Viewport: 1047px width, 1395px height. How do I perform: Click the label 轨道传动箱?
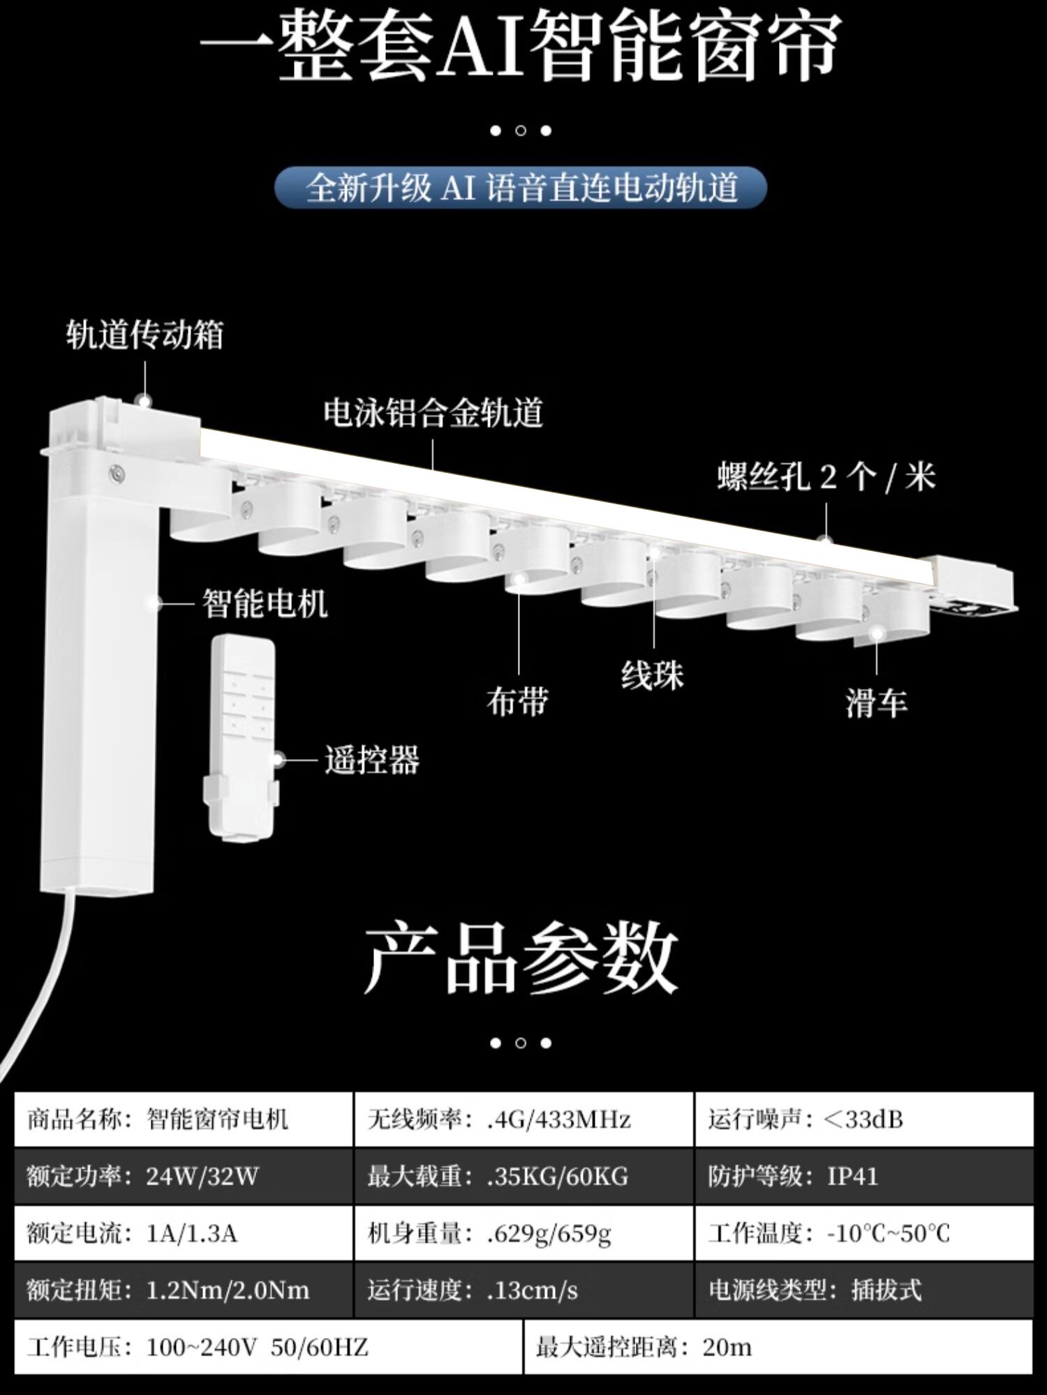coord(144,335)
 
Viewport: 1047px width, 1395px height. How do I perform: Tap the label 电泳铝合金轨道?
coord(433,413)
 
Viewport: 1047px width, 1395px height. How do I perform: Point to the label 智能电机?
coord(265,603)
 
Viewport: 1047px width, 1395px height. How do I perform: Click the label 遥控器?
coord(372,760)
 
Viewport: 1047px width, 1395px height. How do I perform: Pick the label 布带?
coord(517,702)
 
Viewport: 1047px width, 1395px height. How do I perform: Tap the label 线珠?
coord(653,675)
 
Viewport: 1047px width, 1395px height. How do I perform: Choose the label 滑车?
coord(877,703)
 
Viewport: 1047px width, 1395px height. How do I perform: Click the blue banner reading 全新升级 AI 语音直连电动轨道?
coord(521,188)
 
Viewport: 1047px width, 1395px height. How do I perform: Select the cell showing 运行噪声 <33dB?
coord(864,1119)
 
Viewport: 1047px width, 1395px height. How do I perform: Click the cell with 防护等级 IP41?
coord(864,1177)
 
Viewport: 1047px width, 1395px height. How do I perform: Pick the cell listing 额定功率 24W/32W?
coord(184,1177)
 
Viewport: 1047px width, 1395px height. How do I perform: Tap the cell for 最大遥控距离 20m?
coord(778,1347)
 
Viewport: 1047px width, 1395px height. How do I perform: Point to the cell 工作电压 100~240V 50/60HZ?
coord(268,1347)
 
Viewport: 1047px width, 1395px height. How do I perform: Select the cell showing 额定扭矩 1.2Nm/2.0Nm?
coord(184,1290)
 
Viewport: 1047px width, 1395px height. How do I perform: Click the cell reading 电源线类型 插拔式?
coord(864,1290)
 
